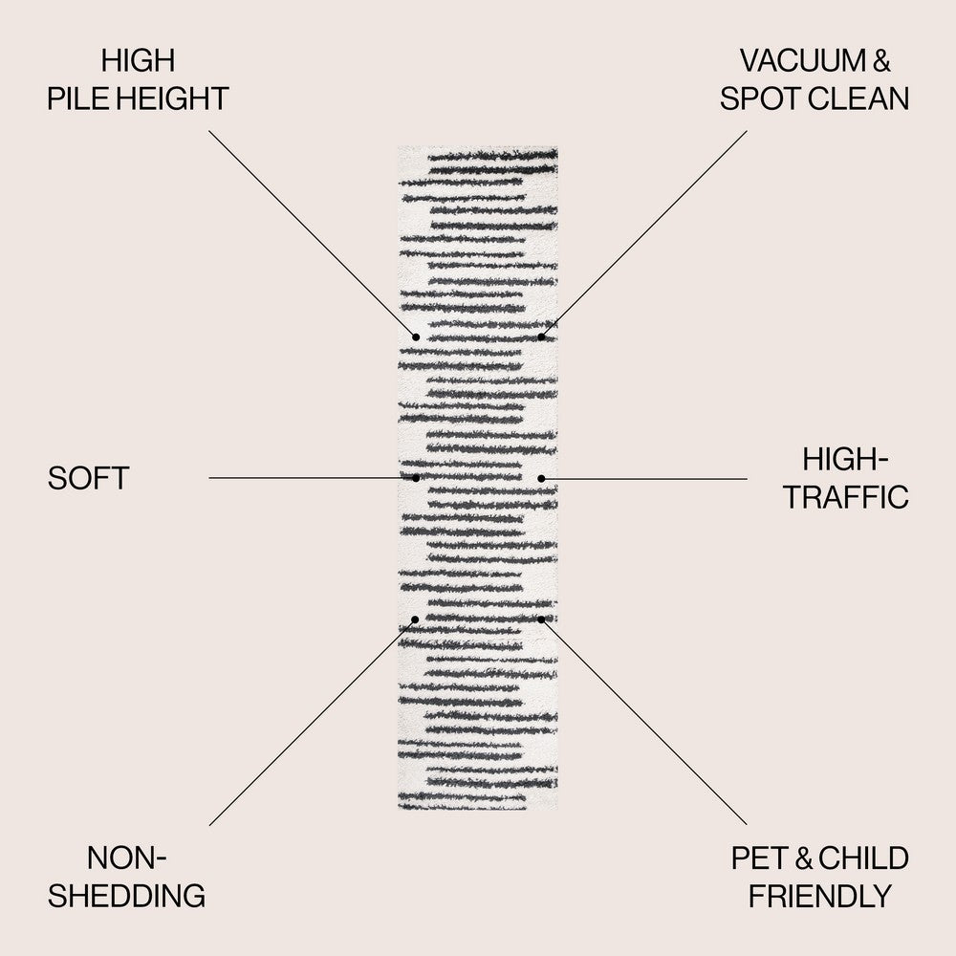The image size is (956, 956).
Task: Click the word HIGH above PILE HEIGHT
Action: [139, 61]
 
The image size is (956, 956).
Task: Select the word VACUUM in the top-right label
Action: [800, 61]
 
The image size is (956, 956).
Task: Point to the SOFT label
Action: [88, 478]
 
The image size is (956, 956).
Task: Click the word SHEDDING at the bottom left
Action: [127, 896]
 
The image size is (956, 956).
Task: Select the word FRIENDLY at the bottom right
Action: [819, 896]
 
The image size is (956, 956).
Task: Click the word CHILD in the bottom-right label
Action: [862, 858]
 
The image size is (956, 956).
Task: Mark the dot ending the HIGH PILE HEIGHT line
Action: [416, 337]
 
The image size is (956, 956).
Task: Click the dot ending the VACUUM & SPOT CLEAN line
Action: [541, 337]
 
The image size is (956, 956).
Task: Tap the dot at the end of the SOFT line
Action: [416, 477]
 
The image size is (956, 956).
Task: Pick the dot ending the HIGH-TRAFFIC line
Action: [541, 477]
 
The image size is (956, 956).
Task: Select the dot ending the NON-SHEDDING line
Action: [415, 619]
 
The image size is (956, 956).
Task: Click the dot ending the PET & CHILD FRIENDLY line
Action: [541, 619]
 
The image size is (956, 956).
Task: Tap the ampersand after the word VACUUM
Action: [880, 61]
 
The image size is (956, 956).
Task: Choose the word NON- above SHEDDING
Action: [127, 858]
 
